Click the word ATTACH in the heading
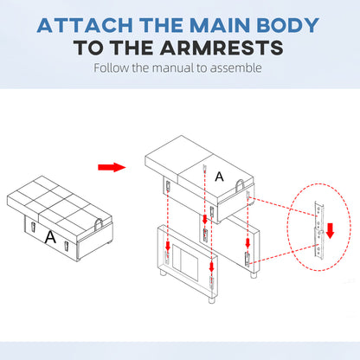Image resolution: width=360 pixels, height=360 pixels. [85, 25]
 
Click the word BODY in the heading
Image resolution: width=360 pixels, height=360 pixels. [287, 25]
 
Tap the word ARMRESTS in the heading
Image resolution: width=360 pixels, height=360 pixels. [222, 48]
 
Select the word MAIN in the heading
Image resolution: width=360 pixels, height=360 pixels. [220, 25]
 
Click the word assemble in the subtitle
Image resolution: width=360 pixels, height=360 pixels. [236, 68]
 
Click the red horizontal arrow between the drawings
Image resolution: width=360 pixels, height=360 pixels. [112, 167]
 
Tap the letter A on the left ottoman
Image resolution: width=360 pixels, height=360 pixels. [50, 237]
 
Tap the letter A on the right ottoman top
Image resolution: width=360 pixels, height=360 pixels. [219, 177]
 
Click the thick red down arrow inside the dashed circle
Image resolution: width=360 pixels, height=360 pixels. [330, 230]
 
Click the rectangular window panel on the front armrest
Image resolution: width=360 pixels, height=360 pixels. [185, 262]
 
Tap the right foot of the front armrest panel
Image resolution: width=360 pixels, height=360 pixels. [212, 300]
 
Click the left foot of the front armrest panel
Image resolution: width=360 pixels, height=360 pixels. [163, 273]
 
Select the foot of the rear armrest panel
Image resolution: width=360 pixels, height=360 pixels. [254, 275]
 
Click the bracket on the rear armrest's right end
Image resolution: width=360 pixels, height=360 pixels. [247, 259]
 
